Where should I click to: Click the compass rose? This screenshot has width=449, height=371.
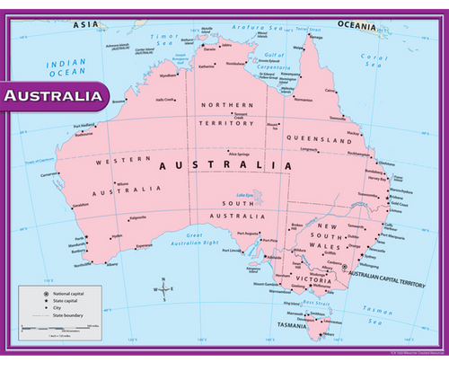click(x=163, y=289)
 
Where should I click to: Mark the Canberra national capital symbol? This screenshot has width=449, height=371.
click(x=344, y=268)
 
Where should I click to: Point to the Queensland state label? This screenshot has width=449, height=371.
click(x=318, y=140)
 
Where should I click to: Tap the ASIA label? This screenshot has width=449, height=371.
click(x=86, y=24)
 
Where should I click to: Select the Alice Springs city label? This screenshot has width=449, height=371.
click(x=239, y=154)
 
